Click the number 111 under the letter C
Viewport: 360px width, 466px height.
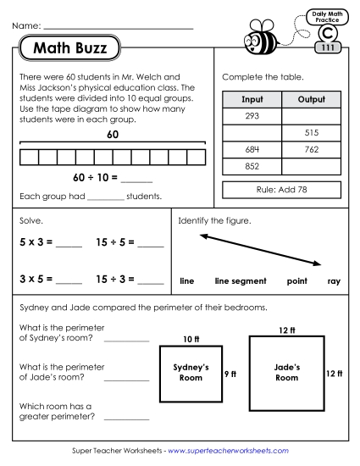[x=326, y=47]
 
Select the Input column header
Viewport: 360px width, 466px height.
[x=252, y=99]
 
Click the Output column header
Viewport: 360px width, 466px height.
[x=311, y=99]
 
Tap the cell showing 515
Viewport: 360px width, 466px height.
[x=311, y=133]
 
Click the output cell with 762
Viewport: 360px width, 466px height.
[x=311, y=150]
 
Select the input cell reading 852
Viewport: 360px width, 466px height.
[x=252, y=167]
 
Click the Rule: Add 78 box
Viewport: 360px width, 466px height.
[x=281, y=190]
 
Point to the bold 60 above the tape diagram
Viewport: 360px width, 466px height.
[x=112, y=135]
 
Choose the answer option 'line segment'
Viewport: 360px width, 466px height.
[x=241, y=280]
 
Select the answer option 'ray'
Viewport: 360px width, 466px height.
[x=334, y=280]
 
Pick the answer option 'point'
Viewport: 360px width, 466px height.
[x=296, y=280]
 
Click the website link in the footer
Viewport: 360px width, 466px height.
[x=229, y=452]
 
